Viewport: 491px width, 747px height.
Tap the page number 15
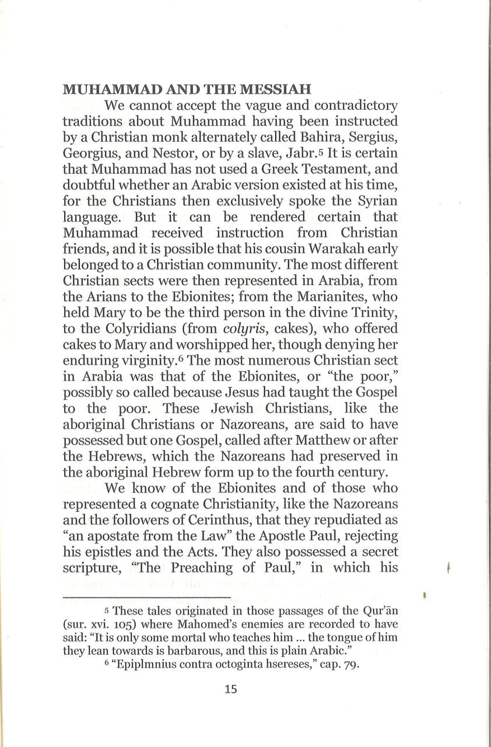pyautogui.click(x=230, y=689)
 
